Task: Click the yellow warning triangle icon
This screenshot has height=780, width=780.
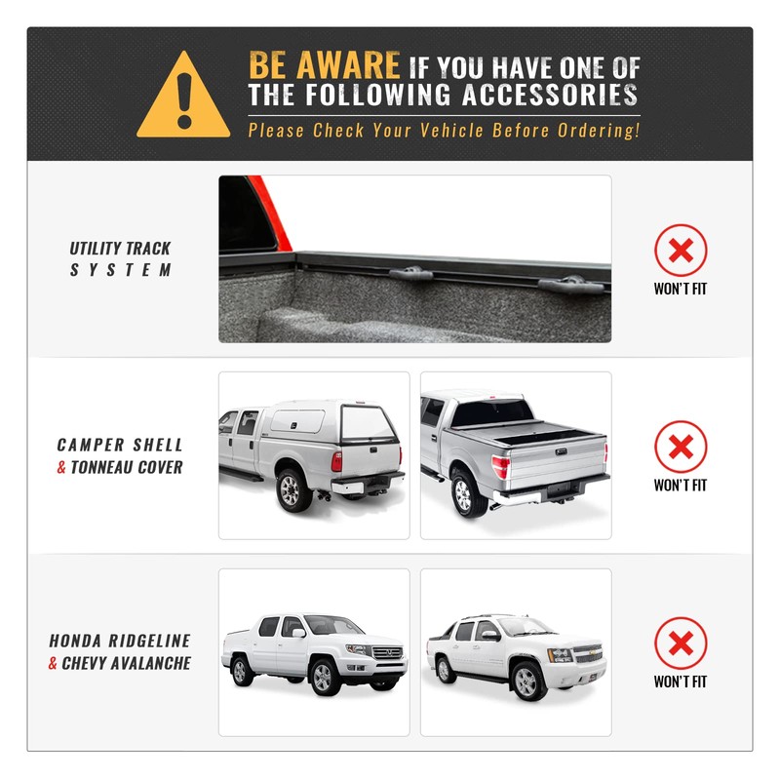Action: point(183,98)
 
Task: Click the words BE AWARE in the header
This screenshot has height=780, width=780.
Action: point(324,65)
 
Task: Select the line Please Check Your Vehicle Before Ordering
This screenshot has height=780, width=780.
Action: point(444,130)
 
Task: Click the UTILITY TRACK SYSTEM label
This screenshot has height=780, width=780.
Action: point(120,258)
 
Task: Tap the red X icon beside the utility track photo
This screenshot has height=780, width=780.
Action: point(680,250)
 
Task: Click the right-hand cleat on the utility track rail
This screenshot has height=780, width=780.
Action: point(570,285)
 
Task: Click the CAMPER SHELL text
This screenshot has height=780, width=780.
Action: point(120,446)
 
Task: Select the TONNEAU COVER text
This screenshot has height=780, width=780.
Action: point(127,467)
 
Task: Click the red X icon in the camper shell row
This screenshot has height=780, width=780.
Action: point(680,447)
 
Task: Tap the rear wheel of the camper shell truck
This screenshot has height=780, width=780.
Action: point(291,489)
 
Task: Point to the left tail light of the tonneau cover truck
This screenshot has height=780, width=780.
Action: point(500,466)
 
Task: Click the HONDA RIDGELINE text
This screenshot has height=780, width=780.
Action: point(120,642)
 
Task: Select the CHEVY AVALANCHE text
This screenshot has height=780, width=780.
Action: point(127,664)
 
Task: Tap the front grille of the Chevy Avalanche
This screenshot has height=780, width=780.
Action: point(587,654)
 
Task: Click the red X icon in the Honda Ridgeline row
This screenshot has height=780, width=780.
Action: point(680,643)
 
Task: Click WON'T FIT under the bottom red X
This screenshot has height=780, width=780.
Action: point(680,682)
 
